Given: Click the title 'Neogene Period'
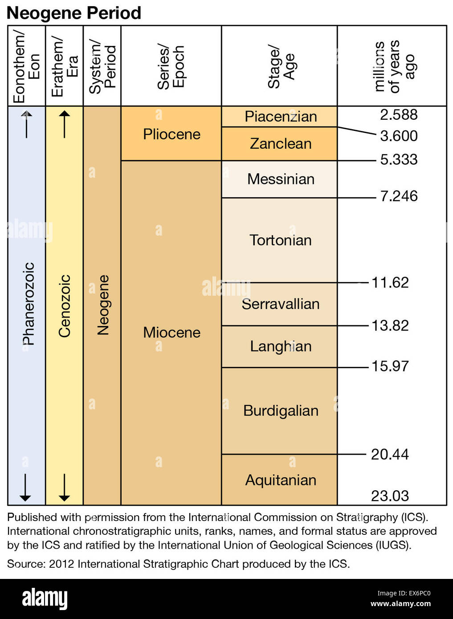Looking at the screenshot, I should click(x=74, y=13).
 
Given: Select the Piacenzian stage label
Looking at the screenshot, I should click(x=281, y=117).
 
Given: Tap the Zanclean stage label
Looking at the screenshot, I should click(x=281, y=143).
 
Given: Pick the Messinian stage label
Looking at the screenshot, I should click(x=281, y=179).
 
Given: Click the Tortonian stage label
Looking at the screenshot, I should click(x=281, y=240).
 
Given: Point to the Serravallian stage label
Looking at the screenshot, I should click(x=281, y=304).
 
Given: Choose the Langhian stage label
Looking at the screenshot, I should click(x=281, y=346).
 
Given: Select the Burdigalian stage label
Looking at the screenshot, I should click(x=281, y=410).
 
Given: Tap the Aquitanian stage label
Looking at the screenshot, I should click(x=281, y=480).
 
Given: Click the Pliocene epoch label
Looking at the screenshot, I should click(x=171, y=134).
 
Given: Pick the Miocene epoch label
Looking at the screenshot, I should click(x=171, y=332).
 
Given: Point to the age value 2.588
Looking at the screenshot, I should click(x=399, y=114).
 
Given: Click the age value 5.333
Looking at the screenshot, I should click(x=399, y=159).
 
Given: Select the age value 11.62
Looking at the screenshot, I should click(x=390, y=282).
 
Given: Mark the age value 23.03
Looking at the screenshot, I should click(x=390, y=496).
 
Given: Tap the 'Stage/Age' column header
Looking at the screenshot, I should click(x=281, y=66).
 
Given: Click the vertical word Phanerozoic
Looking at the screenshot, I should click(x=29, y=304).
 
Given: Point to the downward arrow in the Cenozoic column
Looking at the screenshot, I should click(x=65, y=488).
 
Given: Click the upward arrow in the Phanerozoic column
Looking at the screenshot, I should click(x=27, y=123).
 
